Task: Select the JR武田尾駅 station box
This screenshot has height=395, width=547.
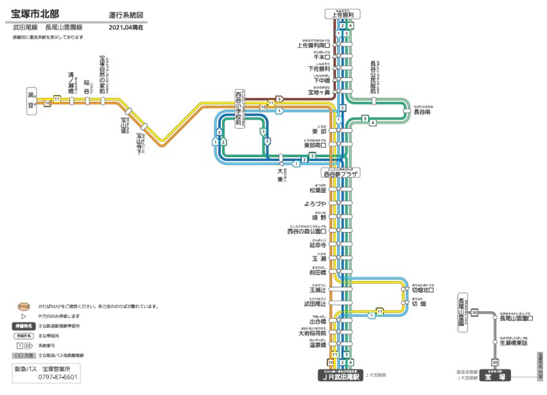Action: (x=342, y=375)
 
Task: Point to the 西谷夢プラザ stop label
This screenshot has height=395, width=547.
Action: (x=341, y=173)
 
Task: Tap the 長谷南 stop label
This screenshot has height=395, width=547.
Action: (x=423, y=111)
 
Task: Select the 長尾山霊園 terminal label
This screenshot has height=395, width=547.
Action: (x=461, y=312)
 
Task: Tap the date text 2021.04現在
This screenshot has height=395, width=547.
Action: (x=126, y=28)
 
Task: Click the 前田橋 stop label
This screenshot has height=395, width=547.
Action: (x=320, y=272)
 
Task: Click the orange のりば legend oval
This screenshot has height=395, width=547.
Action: (x=24, y=306)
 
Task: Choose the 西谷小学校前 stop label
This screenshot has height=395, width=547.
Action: (x=239, y=110)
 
